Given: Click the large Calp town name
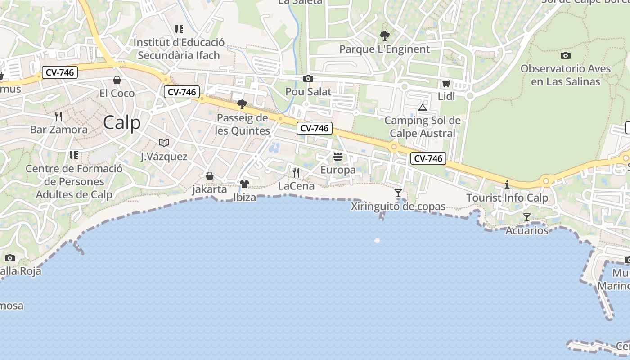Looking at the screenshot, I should click(x=121, y=122).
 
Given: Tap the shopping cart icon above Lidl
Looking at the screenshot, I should click(x=446, y=83).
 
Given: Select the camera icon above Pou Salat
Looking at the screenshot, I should click(x=308, y=78).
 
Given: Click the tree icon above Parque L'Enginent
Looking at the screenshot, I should click(x=384, y=36).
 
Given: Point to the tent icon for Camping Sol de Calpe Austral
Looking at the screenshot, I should click(x=422, y=108).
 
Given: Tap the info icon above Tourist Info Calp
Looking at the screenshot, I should click(x=507, y=184).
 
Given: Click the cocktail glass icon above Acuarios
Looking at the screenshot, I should click(x=527, y=217).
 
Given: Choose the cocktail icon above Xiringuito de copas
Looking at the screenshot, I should click(x=398, y=193).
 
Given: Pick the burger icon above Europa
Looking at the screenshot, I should click(x=338, y=157).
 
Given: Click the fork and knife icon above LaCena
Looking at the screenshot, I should click(x=296, y=172).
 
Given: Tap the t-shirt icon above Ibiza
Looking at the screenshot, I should click(x=244, y=184).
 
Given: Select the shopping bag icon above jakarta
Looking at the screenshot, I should click(x=210, y=175).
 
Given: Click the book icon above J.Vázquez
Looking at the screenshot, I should click(x=164, y=143).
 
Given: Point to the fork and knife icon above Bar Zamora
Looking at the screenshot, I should click(x=58, y=117).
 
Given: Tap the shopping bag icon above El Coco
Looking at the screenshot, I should click(x=117, y=80).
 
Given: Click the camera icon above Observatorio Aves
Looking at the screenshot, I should click(x=566, y=55).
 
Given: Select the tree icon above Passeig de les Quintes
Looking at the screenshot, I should click(x=242, y=104).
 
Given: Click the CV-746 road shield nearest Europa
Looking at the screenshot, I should click(x=315, y=128).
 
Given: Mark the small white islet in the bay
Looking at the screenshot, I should click(x=377, y=240).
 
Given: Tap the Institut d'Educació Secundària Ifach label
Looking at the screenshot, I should click(x=179, y=49).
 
